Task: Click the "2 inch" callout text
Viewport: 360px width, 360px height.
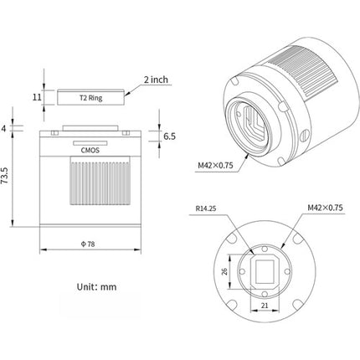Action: [x=156, y=80]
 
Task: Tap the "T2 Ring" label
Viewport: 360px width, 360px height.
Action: [x=90, y=98]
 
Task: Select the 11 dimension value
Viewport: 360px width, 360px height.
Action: [x=37, y=97]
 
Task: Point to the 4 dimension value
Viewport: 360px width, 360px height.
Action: [x=4, y=128]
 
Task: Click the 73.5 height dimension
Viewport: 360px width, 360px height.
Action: [x=5, y=176]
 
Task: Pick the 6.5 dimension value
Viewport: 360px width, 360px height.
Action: [x=169, y=136]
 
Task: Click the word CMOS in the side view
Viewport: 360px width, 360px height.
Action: [x=90, y=151]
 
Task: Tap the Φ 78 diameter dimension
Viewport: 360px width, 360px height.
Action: [x=88, y=244]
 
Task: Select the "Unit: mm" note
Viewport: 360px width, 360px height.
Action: [x=96, y=287]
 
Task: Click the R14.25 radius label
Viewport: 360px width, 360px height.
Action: [x=206, y=208]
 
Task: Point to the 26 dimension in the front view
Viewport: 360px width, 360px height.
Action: [x=224, y=271]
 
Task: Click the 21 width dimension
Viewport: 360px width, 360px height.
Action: [x=265, y=306]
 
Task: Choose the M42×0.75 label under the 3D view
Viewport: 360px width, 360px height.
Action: [x=215, y=165]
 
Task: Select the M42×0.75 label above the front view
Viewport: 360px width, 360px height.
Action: [x=325, y=208]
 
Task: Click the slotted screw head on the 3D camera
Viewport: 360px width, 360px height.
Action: [x=305, y=135]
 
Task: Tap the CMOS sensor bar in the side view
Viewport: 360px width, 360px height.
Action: [x=90, y=143]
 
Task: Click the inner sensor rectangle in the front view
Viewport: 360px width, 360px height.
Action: [x=265, y=271]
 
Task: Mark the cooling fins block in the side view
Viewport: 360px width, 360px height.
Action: [x=100, y=181]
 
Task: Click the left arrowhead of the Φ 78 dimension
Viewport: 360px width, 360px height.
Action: [x=43, y=249]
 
